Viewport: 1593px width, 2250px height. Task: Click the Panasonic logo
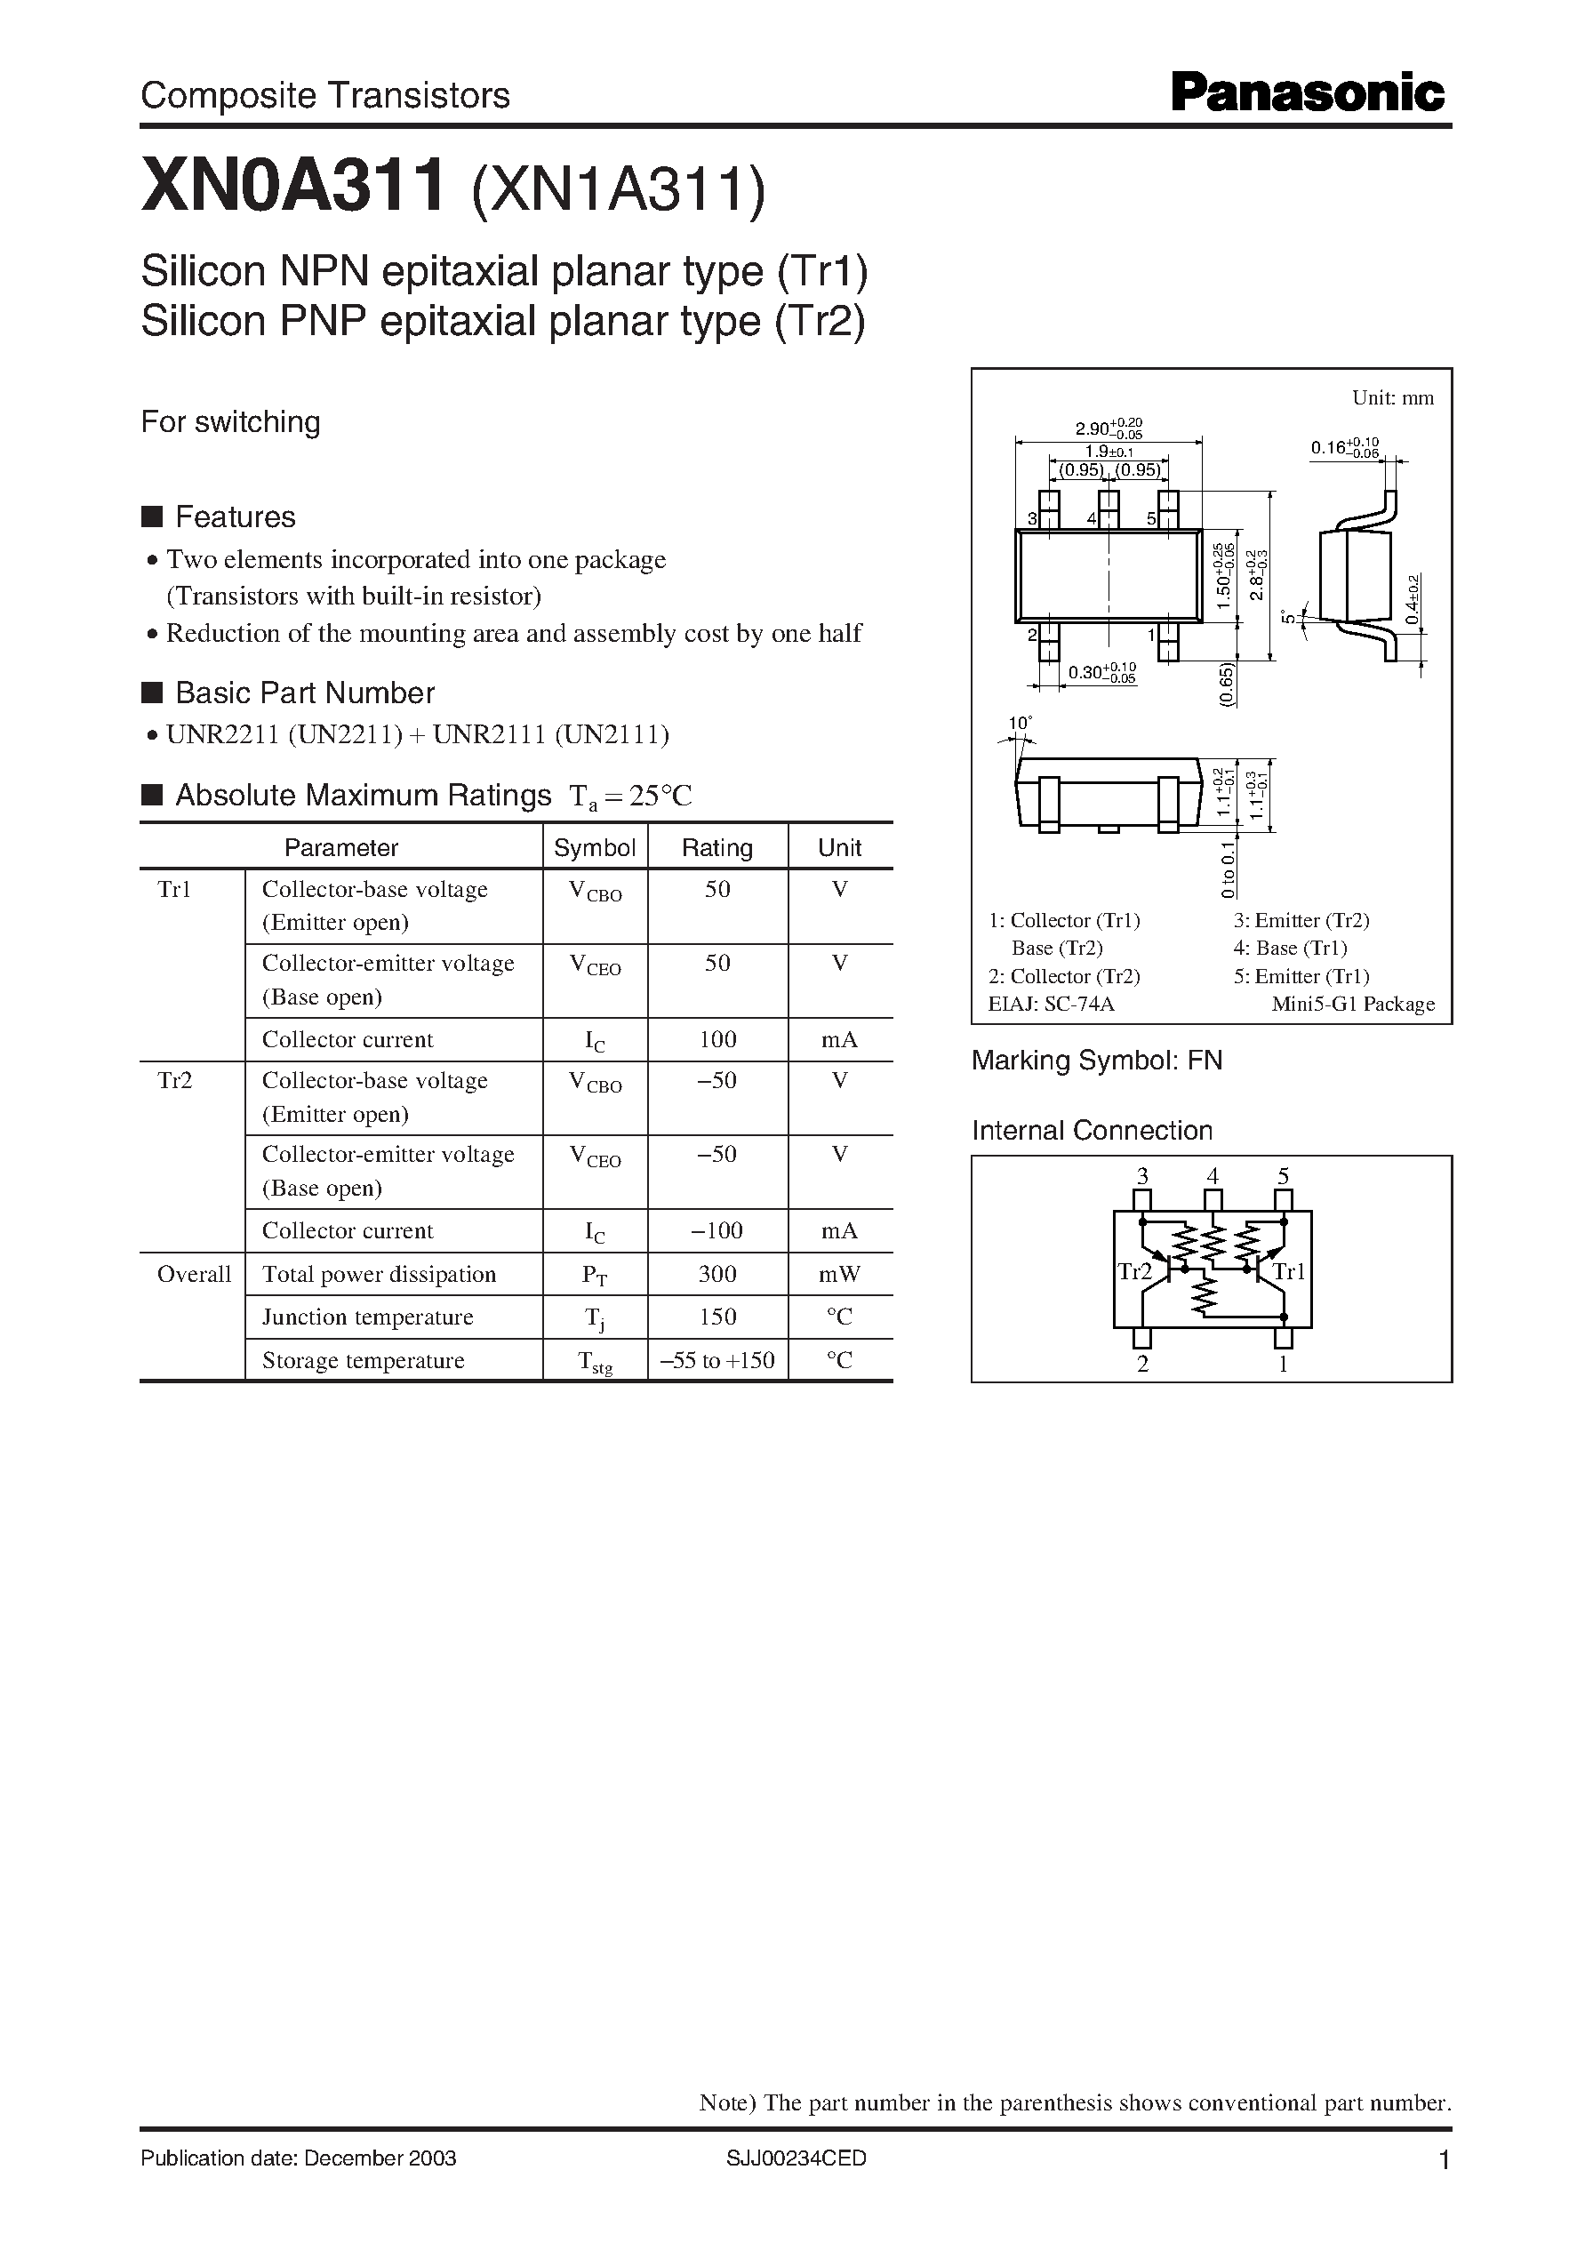tap(1308, 94)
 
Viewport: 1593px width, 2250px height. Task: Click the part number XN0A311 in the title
tap(292, 187)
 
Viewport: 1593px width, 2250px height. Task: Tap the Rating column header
tap(717, 847)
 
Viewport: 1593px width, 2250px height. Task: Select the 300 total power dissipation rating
tap(717, 1273)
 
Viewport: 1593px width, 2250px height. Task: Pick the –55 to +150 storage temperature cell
tap(717, 1360)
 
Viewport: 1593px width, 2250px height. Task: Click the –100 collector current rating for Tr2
tap(717, 1230)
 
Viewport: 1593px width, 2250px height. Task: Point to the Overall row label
tap(193, 1273)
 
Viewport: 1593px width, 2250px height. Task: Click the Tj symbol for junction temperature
tap(594, 1318)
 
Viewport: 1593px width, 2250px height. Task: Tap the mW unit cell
tap(840, 1273)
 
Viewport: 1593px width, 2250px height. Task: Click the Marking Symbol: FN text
tap(1097, 1061)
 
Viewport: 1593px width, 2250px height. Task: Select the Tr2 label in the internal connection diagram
tap(1134, 1272)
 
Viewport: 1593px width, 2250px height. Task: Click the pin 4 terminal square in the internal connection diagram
tap(1213, 1200)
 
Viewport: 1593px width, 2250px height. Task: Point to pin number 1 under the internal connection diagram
tap(1283, 1364)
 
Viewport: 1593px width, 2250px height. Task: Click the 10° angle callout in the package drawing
tap(1021, 723)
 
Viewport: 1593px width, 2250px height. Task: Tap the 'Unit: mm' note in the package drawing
tap(1393, 397)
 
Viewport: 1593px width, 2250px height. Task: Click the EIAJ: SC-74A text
tap(1052, 1004)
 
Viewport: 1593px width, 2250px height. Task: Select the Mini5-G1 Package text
tap(1353, 1004)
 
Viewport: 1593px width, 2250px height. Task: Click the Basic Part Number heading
tap(304, 693)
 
